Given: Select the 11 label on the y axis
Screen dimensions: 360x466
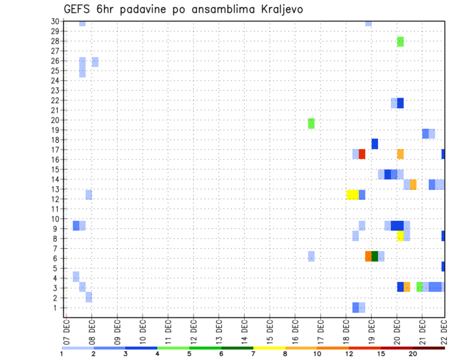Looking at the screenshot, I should [55, 209].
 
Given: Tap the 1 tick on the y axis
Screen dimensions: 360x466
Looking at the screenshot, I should [56, 308].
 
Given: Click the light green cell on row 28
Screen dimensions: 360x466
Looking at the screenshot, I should [400, 42].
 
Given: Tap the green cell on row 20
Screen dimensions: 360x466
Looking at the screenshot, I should [311, 123].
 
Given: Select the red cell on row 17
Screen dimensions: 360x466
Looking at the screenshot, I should [362, 154].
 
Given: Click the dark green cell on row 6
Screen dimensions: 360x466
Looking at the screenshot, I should [375, 256].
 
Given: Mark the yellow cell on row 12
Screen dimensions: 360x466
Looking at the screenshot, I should [352, 195].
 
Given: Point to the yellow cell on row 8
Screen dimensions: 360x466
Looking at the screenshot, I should [400, 236].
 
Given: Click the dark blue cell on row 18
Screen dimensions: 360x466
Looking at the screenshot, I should [375, 144].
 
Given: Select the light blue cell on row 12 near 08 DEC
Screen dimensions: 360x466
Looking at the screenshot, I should [89, 195].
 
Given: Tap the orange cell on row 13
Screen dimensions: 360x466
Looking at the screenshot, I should [413, 184].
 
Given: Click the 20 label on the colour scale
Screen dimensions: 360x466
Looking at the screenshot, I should [413, 353].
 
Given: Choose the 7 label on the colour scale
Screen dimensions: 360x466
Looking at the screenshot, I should [253, 353].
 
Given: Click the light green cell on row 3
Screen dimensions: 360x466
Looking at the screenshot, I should [419, 287].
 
